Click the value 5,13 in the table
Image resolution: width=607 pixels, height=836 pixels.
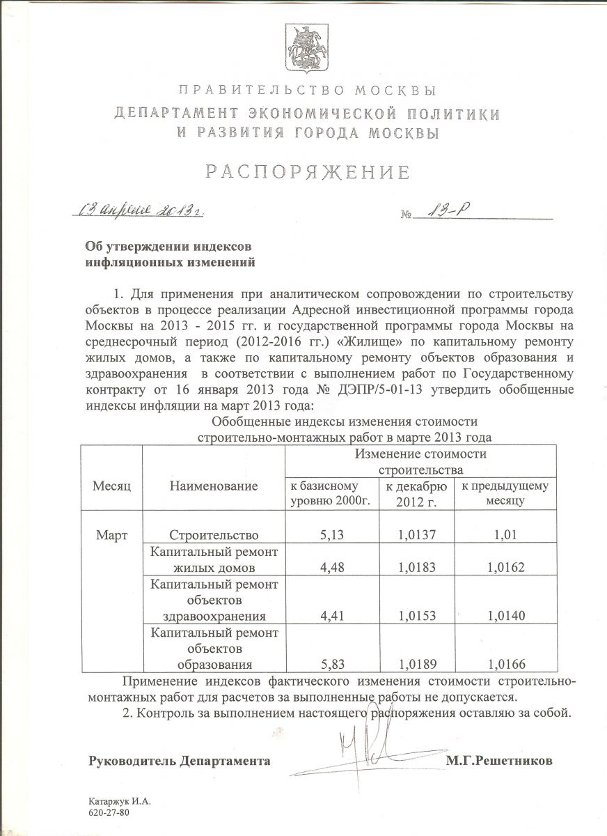pyautogui.click(x=331, y=535)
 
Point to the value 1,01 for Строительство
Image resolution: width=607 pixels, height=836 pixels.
pyautogui.click(x=506, y=535)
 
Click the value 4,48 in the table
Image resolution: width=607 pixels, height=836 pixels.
pyautogui.click(x=331, y=568)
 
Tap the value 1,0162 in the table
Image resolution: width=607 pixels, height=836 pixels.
pyautogui.click(x=506, y=568)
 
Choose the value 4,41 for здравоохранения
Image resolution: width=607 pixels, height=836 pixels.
pyautogui.click(x=331, y=616)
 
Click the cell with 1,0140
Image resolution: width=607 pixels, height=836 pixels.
pyautogui.click(x=506, y=616)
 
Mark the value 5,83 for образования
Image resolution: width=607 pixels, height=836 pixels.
pyautogui.click(x=331, y=663)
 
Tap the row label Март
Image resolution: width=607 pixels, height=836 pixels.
pyautogui.click(x=112, y=534)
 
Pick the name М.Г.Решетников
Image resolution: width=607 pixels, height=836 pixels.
pyautogui.click(x=499, y=761)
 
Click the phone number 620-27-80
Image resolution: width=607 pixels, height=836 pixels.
pyautogui.click(x=109, y=813)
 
